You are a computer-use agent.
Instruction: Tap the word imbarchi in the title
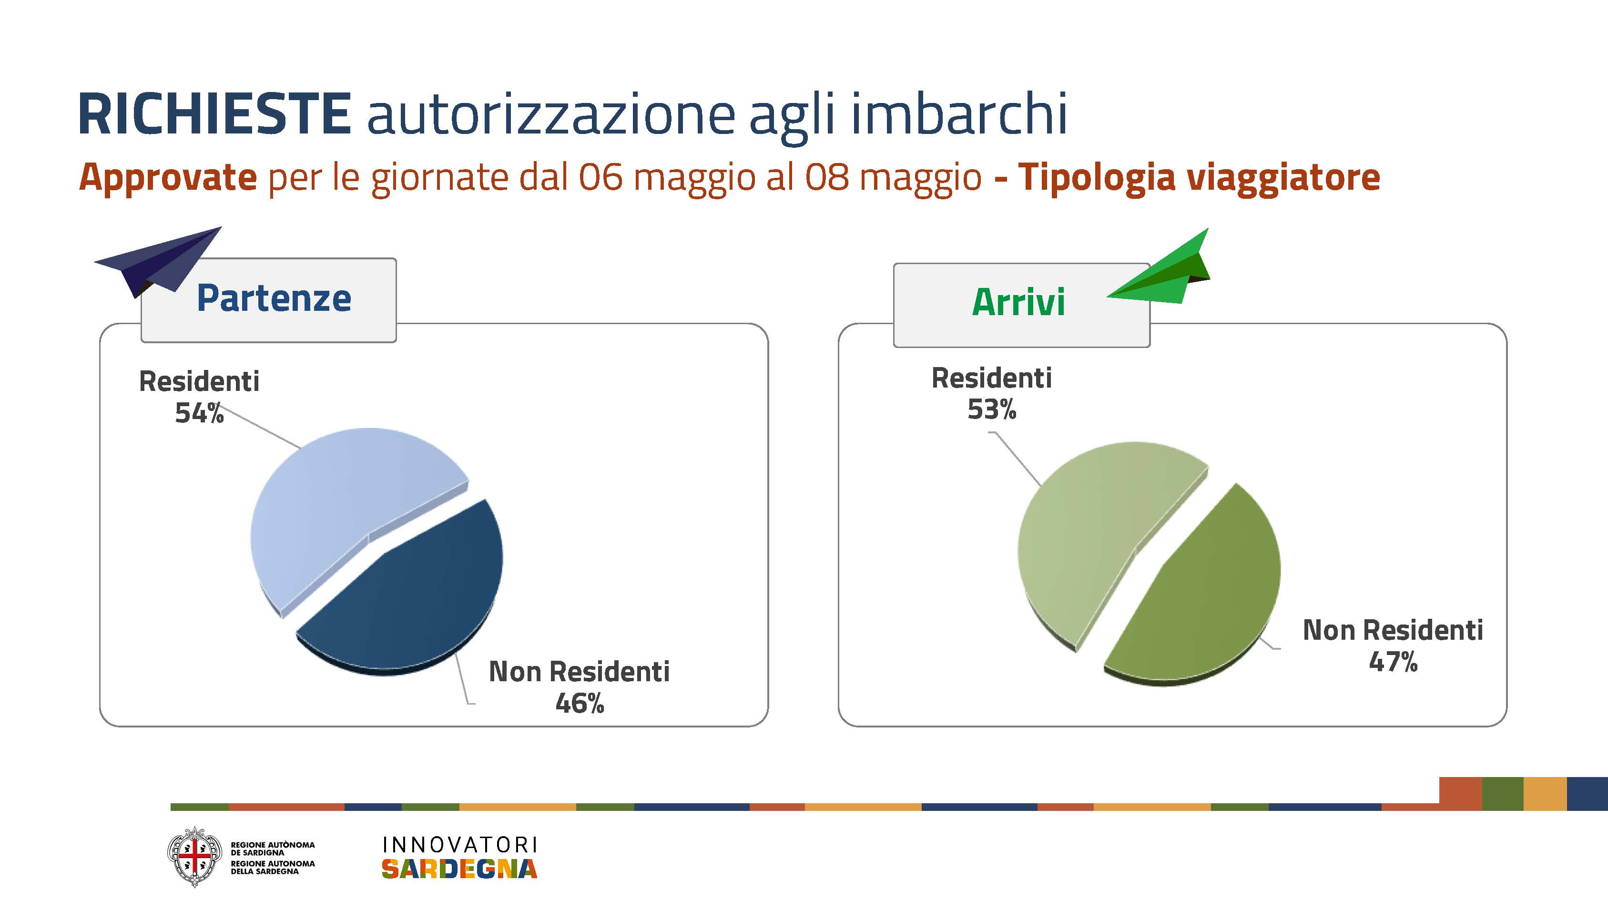(959, 113)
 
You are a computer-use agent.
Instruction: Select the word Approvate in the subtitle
(168, 178)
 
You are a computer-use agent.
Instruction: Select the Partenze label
(274, 298)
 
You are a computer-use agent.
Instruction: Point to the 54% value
(199, 413)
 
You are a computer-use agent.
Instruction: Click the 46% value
(580, 704)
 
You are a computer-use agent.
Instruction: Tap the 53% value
(992, 410)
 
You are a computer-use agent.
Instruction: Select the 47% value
(1393, 662)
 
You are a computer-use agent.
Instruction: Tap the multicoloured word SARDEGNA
(459, 869)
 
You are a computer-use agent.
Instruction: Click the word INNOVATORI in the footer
(459, 845)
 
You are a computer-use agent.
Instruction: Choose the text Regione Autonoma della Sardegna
(273, 867)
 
